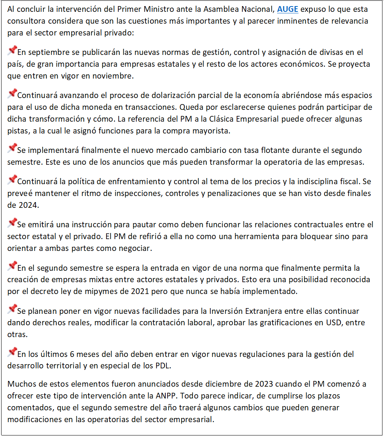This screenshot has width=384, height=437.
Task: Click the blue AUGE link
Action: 287,9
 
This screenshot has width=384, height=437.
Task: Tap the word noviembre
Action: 114,76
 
